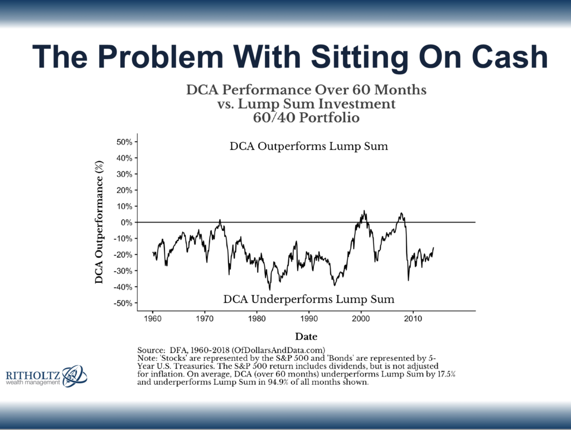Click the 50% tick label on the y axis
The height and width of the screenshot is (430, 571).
(124, 142)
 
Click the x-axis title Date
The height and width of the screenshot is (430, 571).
(306, 337)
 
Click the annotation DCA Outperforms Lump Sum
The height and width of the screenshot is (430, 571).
(308, 147)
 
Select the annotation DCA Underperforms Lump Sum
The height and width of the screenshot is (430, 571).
(308, 299)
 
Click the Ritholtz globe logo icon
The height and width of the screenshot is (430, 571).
(74, 376)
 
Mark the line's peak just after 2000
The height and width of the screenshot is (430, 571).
(364, 211)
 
